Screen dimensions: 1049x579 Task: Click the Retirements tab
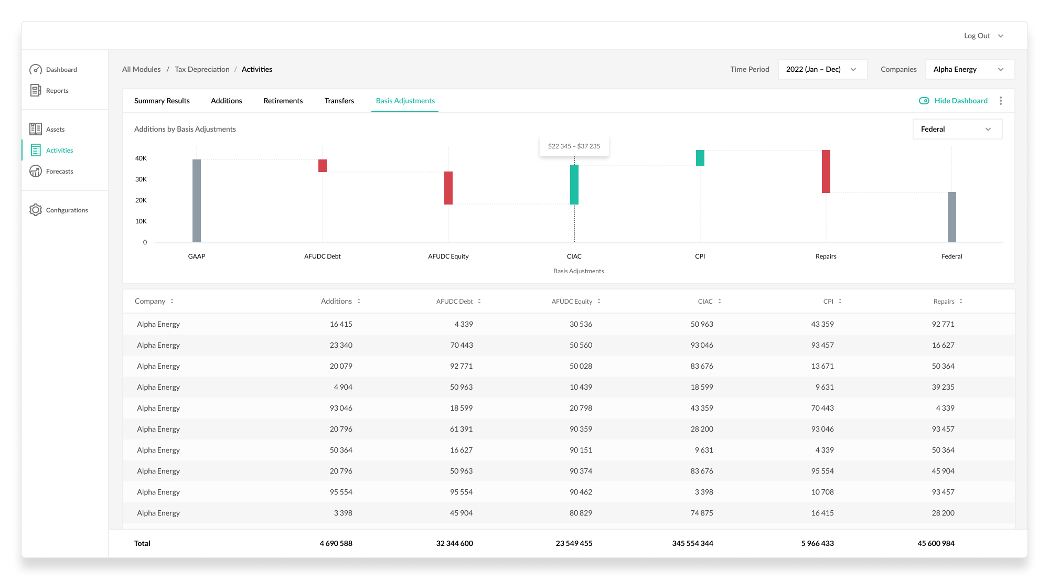283,101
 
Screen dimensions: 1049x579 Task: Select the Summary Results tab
162,101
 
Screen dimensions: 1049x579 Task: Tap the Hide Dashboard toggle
924,101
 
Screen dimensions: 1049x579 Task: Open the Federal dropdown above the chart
957,129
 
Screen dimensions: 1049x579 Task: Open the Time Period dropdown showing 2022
822,69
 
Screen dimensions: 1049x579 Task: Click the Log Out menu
983,36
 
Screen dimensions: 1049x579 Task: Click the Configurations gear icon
36,210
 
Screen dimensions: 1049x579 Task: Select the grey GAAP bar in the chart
197,201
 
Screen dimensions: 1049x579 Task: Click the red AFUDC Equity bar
448,188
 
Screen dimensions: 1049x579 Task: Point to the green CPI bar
700,158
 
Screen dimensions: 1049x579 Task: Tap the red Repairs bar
826,171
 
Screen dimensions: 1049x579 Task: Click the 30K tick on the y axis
141,179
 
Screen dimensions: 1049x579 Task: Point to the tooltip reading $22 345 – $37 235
574,146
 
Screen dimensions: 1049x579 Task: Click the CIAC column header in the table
705,302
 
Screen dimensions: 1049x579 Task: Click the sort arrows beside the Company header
172,301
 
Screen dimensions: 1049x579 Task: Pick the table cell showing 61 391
461,429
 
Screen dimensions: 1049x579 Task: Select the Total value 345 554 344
692,543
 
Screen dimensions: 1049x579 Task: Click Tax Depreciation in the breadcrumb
202,69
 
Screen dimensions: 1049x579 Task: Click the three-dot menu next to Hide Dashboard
1001,101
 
